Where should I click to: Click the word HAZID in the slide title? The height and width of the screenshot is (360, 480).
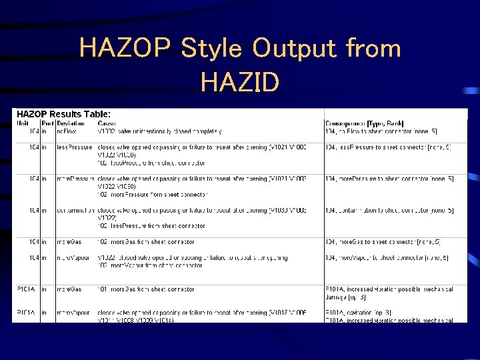click(239, 83)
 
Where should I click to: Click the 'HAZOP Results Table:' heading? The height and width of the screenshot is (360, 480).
click(63, 114)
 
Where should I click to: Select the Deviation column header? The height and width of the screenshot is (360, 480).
click(71, 123)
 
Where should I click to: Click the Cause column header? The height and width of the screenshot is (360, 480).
click(106, 123)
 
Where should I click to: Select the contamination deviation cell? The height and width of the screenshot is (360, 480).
click(75, 211)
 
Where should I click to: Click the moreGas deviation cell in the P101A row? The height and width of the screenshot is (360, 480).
click(70, 289)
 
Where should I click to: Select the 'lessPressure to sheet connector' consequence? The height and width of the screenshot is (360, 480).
click(384, 147)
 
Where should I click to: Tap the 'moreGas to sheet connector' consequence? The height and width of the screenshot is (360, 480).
click(381, 242)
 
